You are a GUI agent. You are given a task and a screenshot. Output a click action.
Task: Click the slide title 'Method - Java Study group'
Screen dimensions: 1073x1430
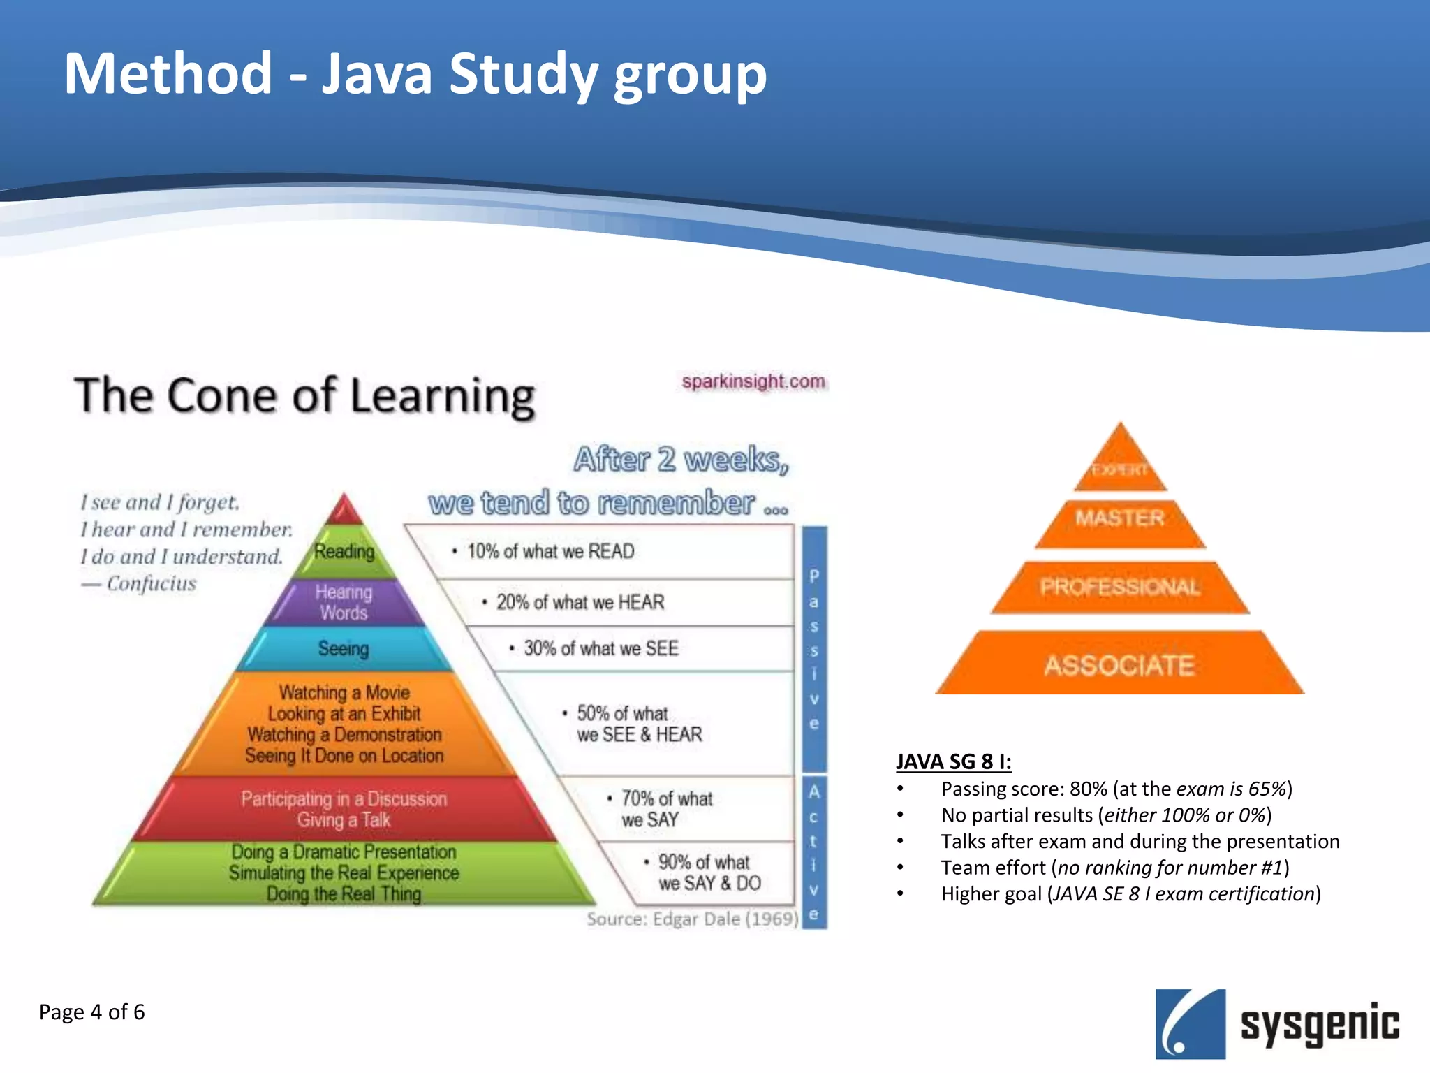tap(415, 74)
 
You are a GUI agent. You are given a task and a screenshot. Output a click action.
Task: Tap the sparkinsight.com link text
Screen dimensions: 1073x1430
tap(753, 381)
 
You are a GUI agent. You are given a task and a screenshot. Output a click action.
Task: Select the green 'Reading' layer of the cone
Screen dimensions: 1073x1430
tap(344, 552)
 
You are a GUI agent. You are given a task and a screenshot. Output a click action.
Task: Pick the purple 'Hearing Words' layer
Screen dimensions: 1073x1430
tap(344, 602)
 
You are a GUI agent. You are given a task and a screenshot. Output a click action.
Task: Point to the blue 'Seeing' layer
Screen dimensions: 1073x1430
tap(344, 648)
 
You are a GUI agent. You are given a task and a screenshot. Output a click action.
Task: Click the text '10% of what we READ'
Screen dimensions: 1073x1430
tap(550, 551)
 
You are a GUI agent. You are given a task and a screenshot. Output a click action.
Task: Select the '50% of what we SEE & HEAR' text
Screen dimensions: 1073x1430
tap(638, 724)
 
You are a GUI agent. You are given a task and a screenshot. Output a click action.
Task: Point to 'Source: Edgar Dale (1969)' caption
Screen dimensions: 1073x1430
tap(691, 919)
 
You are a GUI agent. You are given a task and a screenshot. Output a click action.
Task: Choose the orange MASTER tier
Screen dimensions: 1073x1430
tap(1120, 518)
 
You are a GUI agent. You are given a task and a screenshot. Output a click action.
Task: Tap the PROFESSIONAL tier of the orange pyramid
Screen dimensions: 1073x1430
tap(1120, 587)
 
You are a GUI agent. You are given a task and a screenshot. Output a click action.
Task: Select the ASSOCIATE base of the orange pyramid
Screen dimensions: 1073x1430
tap(1119, 665)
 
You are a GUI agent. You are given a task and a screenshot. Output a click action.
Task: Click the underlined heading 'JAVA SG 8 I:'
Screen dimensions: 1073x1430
tap(953, 761)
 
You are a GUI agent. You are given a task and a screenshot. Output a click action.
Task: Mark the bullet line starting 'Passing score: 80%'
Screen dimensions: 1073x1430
tap(1116, 789)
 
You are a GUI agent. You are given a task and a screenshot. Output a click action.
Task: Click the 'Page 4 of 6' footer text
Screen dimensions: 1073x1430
tap(91, 1012)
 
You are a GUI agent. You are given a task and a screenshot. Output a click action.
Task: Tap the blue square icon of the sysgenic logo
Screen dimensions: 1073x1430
tap(1190, 1023)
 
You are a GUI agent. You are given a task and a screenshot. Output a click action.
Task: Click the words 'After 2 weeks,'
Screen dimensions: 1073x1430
tap(681, 460)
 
